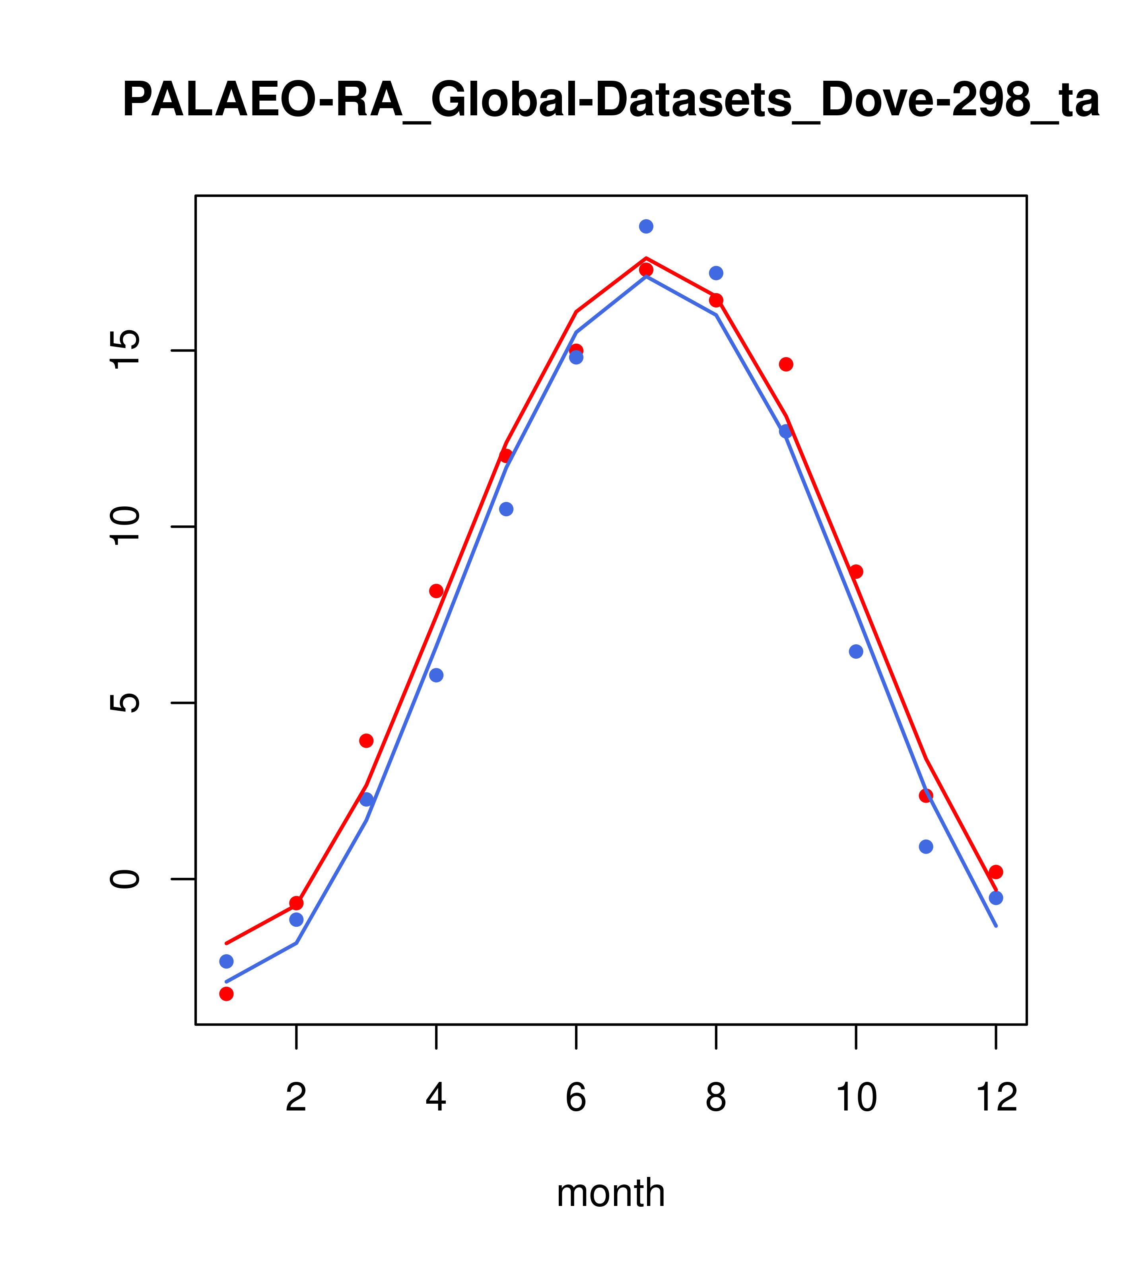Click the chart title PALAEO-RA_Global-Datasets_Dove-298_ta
pyautogui.click(x=611, y=101)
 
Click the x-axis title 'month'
pyautogui.click(x=611, y=1193)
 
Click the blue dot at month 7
pyautogui.click(x=646, y=226)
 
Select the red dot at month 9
pyautogui.click(x=786, y=364)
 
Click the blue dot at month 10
pyautogui.click(x=856, y=652)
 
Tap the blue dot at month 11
pyautogui.click(x=926, y=847)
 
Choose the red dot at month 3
pyautogui.click(x=367, y=741)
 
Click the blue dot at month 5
pyautogui.click(x=506, y=510)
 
